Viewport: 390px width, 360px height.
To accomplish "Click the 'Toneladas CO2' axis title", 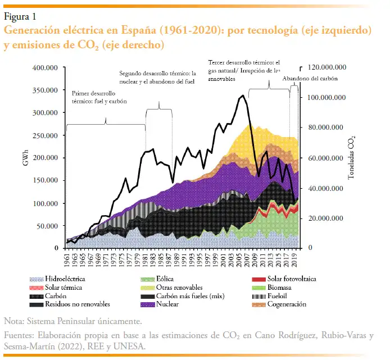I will pyautogui.click(x=352, y=157).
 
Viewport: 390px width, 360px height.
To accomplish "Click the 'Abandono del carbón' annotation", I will pyautogui.click(x=310, y=79).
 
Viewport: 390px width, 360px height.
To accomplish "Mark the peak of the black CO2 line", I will pyautogui.click(x=243, y=95).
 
